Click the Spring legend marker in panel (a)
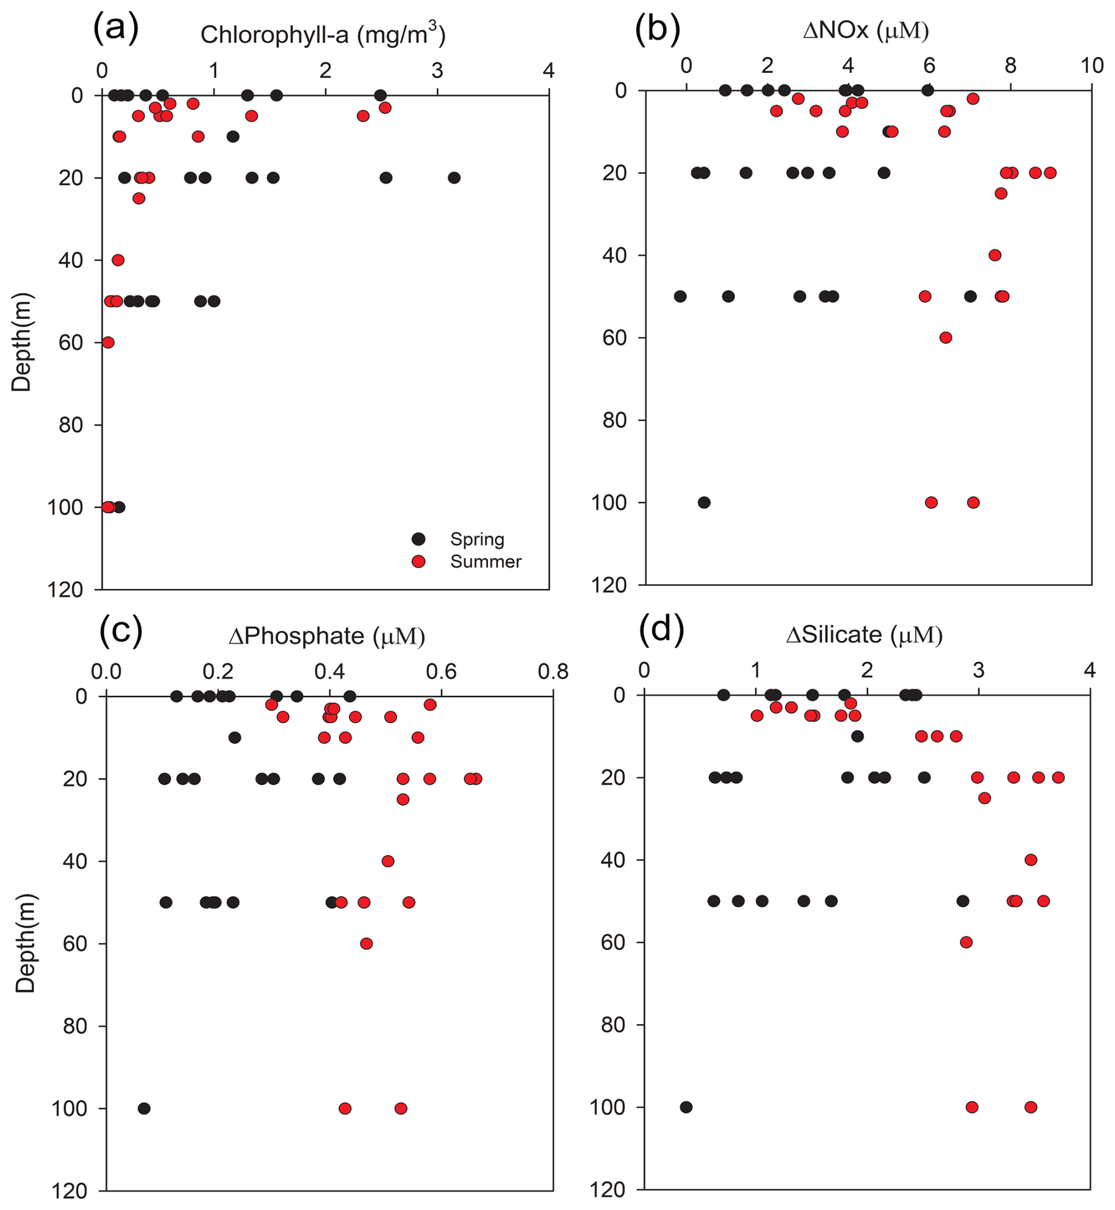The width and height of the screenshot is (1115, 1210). (418, 539)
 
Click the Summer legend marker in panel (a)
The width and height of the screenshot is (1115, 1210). (418, 561)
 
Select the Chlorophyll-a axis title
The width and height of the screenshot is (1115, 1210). (323, 34)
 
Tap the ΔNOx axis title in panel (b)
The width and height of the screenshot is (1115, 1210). (866, 30)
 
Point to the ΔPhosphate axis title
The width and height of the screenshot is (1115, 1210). (326, 636)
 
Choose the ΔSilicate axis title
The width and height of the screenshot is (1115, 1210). (864, 635)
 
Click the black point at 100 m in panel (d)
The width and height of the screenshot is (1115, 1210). (686, 1107)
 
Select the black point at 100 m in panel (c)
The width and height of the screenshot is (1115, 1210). (144, 1108)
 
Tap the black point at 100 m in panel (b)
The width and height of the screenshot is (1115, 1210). (704, 502)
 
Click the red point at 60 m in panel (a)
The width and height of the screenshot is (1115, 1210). (108, 343)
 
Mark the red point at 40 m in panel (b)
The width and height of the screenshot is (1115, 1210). (995, 255)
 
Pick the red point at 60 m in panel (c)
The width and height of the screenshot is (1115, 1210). (366, 943)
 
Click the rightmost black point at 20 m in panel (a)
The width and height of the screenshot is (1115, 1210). (454, 178)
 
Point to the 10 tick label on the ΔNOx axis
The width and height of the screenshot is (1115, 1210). (1091, 65)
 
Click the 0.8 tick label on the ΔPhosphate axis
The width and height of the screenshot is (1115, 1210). (553, 672)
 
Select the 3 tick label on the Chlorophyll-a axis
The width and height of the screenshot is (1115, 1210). (437, 71)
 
